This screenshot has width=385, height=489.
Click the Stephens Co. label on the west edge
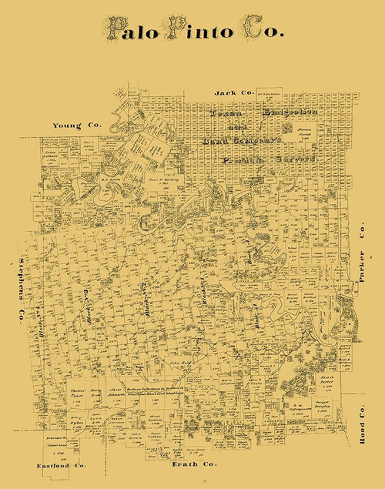23,285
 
